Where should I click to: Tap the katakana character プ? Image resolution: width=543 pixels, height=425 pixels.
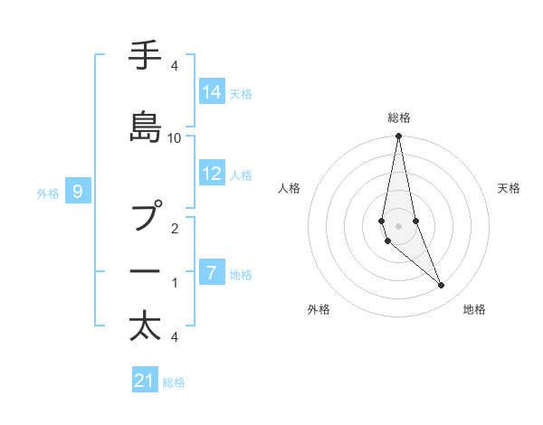[x=150, y=217]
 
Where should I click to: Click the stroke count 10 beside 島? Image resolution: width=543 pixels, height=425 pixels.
[x=175, y=137]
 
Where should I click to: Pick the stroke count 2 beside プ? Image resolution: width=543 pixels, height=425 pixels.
[x=175, y=229]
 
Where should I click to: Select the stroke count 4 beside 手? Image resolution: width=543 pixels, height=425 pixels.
[x=174, y=66]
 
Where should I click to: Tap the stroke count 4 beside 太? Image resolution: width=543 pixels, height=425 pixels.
[x=174, y=337]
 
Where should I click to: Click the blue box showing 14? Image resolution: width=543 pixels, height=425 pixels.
[x=211, y=92]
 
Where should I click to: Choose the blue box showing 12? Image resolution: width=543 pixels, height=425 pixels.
[x=211, y=175]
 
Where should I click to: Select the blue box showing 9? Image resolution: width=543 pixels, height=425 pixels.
[x=79, y=191]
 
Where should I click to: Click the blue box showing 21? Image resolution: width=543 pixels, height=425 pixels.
[x=145, y=381]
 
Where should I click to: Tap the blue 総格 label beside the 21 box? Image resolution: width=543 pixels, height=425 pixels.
[x=174, y=382]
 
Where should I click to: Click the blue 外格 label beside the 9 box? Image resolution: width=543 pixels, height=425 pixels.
[x=48, y=193]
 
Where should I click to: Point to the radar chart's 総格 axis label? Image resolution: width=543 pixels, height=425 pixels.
[x=399, y=118]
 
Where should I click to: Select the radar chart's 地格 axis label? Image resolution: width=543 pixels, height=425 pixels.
[x=474, y=309]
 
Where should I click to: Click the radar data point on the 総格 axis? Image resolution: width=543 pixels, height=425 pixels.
[x=399, y=137]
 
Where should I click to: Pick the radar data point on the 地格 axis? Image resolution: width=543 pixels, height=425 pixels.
[x=442, y=286]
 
